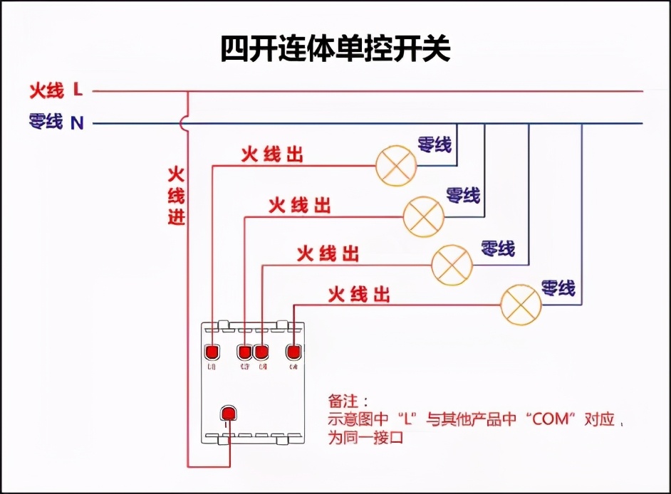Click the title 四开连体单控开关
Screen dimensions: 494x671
tap(335, 49)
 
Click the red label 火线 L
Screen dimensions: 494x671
tap(56, 90)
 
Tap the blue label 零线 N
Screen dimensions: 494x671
tap(56, 122)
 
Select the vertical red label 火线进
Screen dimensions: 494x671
tap(176, 196)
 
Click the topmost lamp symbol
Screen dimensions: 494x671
tap(396, 166)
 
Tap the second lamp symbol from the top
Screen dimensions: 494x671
tap(424, 216)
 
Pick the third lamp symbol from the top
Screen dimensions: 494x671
tap(452, 264)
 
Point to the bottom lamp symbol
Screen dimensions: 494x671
tap(521, 305)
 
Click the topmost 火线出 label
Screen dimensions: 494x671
tap(271, 154)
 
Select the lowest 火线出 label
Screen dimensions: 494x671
tap(359, 294)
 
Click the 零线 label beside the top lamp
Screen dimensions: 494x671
tap(435, 144)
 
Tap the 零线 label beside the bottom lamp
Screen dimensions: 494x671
tap(558, 288)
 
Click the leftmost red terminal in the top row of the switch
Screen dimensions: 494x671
tap(212, 352)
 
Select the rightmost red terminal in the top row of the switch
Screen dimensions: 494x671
tap(293, 352)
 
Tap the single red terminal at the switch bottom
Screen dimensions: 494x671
tap(228, 414)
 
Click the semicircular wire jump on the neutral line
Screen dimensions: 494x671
tap(184, 124)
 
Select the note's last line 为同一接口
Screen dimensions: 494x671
tap(365, 438)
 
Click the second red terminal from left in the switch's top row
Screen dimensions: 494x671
tap(245, 352)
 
